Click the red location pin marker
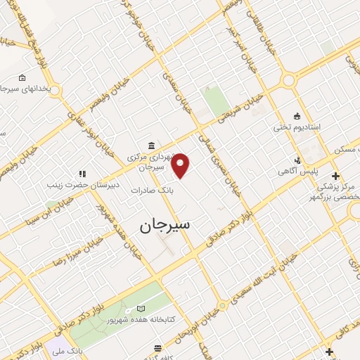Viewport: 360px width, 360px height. [181, 166]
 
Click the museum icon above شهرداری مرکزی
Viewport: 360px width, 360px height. [152, 146]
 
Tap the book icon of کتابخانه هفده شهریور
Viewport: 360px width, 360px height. [141, 308]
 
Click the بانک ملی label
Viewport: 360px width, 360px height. [90, 349]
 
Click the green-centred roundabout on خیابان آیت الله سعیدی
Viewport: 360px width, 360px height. [222, 306]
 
